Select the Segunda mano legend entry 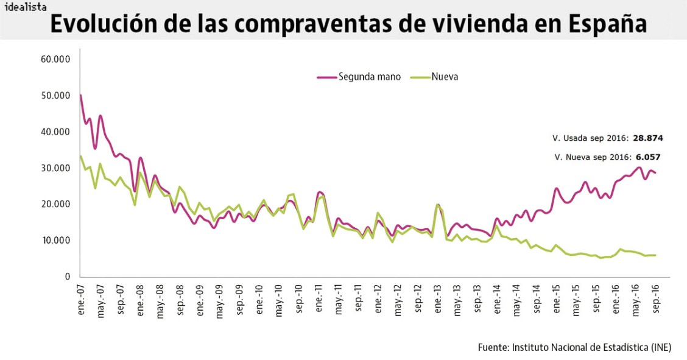359,77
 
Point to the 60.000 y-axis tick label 55,59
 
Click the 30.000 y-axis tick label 55,168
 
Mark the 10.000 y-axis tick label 55,241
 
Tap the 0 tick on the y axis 68,277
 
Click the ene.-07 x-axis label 81,299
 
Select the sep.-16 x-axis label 656,299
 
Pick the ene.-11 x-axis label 319,299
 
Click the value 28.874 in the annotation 647,138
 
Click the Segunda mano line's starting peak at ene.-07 81,95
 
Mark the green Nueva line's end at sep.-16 655,255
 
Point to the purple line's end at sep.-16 655,173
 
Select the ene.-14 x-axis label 497,299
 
